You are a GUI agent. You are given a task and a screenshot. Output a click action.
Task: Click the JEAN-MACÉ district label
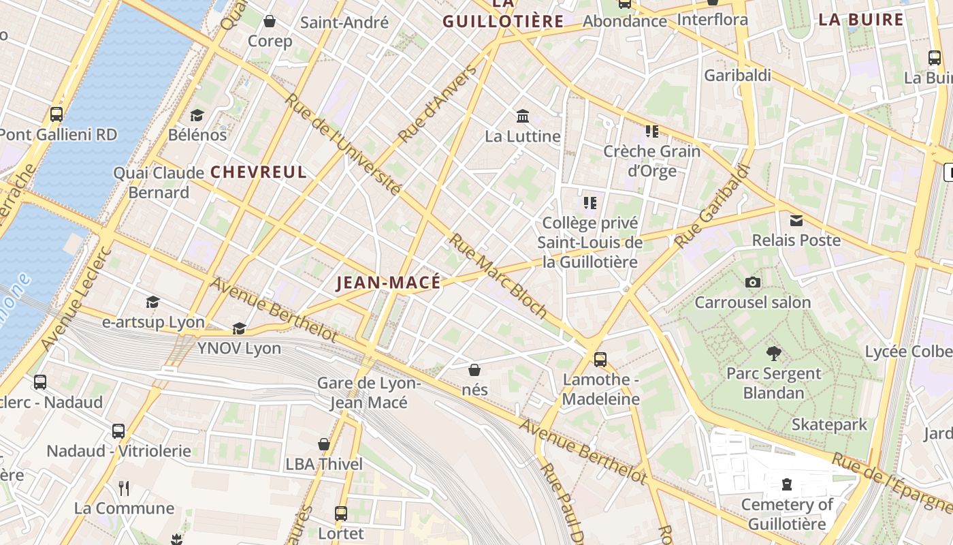click(x=389, y=283)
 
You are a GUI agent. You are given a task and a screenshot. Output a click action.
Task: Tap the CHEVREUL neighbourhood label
click(x=259, y=172)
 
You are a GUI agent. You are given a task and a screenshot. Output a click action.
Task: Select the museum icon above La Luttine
click(x=523, y=116)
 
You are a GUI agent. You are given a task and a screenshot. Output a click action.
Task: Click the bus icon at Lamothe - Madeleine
click(x=600, y=359)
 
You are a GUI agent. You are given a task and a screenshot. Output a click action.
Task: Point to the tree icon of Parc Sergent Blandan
click(x=773, y=353)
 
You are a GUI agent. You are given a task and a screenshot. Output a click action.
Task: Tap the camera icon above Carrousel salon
click(x=753, y=282)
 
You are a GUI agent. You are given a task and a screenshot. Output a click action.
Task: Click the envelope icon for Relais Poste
click(x=796, y=220)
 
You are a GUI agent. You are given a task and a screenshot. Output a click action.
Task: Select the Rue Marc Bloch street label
click(x=498, y=276)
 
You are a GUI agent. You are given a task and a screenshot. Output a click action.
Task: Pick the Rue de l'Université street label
click(x=342, y=144)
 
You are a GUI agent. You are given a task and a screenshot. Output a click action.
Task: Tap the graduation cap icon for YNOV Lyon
click(x=239, y=328)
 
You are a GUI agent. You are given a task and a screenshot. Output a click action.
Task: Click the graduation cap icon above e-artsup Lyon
click(x=153, y=302)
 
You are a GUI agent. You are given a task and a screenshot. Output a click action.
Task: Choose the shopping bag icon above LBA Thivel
click(x=324, y=444)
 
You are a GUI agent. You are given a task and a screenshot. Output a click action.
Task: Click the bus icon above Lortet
click(x=341, y=513)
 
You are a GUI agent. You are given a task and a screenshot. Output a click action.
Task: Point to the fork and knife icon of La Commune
click(x=124, y=488)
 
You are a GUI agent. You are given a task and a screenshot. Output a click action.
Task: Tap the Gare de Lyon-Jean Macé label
click(x=369, y=392)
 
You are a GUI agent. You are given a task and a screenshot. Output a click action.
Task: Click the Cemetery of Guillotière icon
click(x=787, y=484)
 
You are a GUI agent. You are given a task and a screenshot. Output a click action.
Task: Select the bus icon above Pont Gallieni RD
click(x=56, y=114)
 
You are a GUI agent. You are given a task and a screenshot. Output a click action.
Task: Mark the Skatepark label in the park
click(x=829, y=424)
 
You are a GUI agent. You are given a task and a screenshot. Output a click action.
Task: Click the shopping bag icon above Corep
click(x=270, y=21)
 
